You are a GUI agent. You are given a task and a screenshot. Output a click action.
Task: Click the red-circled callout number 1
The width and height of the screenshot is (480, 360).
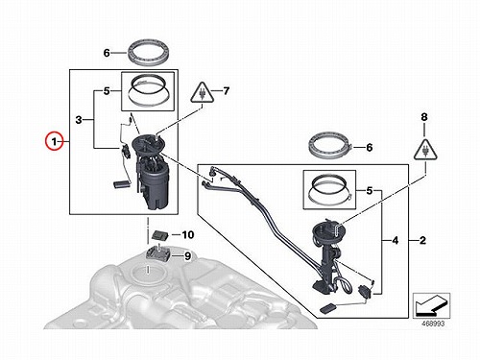tap(55, 141)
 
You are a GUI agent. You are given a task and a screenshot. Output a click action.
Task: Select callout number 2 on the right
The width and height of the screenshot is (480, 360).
tap(422, 240)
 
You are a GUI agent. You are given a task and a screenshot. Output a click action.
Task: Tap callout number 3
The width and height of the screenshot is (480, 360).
tap(79, 120)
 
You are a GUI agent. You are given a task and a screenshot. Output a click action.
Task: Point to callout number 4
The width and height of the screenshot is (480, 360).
tap(396, 240)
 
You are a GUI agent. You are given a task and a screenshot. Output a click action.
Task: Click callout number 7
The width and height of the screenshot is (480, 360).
tap(227, 91)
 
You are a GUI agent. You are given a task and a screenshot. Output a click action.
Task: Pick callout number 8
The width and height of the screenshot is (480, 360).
tap(424, 117)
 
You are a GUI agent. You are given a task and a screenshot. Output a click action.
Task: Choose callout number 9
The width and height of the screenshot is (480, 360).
tap(187, 256)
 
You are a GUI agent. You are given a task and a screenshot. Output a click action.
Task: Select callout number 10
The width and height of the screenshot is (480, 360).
tap(188, 235)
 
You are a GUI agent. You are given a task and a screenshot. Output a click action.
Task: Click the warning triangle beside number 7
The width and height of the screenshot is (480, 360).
tap(203, 92)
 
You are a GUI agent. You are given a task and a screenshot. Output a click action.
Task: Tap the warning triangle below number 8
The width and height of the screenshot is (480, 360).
tap(425, 150)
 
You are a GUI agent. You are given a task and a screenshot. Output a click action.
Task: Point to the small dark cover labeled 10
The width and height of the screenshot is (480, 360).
tap(160, 235)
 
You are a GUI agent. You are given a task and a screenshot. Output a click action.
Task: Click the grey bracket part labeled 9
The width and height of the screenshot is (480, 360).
tap(157, 253)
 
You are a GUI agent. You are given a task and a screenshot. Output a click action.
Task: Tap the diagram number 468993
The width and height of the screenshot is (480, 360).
tap(433, 324)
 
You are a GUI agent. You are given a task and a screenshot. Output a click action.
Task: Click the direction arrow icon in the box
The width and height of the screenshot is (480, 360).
tap(431, 305)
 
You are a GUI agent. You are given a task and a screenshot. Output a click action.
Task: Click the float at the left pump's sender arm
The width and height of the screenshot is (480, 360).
tap(122, 184)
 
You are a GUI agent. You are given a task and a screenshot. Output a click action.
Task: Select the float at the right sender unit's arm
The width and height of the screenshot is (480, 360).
tap(328, 308)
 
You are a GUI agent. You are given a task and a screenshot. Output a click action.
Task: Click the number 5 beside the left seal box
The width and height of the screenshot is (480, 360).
tap(107, 91)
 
